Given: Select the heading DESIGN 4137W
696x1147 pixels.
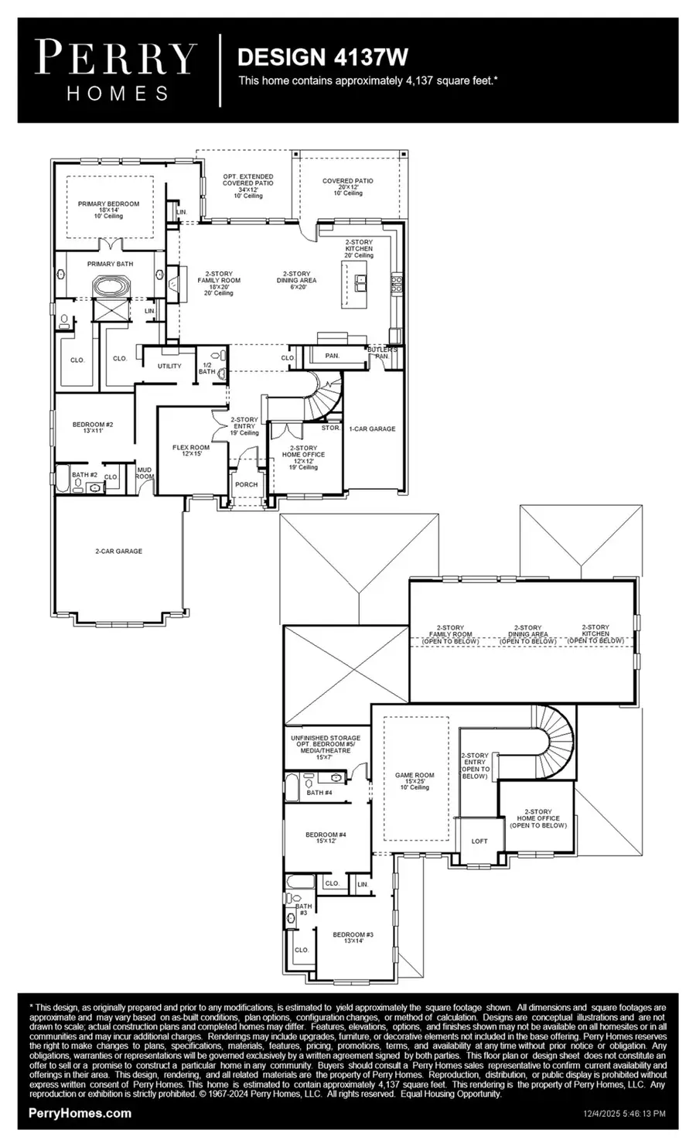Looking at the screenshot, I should click(322, 57).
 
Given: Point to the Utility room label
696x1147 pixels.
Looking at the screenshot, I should click(169, 366).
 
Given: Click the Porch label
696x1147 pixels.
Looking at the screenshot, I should click(246, 485).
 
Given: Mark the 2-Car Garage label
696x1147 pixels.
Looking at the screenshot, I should click(118, 551).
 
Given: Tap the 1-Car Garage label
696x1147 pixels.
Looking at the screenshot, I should click(372, 428).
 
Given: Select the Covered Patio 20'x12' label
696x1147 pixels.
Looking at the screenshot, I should click(347, 186).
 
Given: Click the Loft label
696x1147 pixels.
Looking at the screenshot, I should click(479, 841).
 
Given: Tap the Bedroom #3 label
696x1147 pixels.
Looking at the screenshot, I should click(347, 937).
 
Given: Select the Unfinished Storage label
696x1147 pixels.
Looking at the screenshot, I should click(325, 747).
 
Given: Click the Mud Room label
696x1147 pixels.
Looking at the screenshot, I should click(144, 472).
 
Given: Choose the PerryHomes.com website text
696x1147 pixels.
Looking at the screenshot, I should click(80, 1114).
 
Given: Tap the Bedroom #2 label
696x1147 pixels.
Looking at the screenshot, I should click(93, 427).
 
